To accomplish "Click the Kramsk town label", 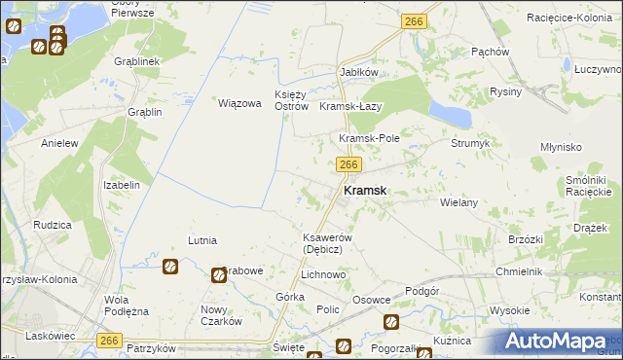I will click(365, 193).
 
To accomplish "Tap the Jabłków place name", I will click(358, 72).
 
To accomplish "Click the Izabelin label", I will click(123, 185).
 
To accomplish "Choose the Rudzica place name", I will click(52, 225).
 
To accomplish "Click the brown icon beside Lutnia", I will click(170, 266).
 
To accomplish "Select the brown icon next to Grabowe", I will click(219, 276).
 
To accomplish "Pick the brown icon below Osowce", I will click(391, 322).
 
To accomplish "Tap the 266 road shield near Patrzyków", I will click(110, 339).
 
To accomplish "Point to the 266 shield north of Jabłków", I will click(413, 20).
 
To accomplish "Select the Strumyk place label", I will click(470, 143).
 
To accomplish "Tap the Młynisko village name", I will click(561, 147).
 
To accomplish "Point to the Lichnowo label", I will click(323, 275).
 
